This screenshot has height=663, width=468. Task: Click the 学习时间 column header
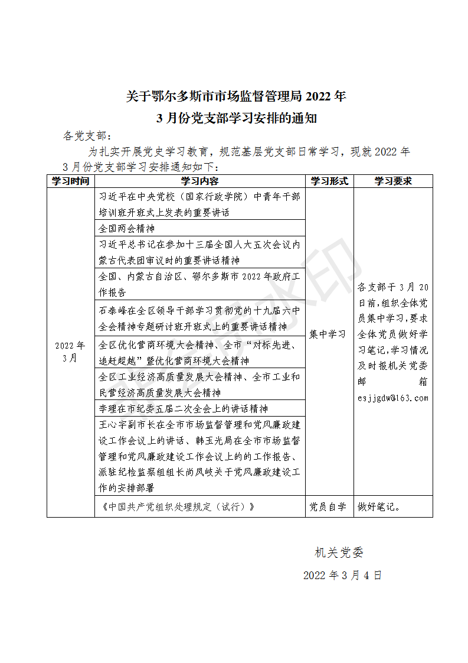click(71, 181)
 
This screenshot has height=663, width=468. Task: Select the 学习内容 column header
click(199, 181)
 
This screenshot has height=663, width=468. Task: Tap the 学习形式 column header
click(329, 181)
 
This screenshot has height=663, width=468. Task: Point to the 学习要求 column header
click(392, 181)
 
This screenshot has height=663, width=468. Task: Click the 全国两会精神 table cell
click(127, 228)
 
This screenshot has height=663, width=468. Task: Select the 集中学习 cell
click(328, 334)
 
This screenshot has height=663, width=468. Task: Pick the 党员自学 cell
click(328, 507)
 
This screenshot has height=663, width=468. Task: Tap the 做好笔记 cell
click(379, 507)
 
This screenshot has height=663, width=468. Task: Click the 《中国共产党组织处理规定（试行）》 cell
click(179, 507)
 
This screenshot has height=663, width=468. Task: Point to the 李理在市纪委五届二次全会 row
click(184, 408)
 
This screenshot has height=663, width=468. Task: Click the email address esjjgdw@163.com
click(393, 398)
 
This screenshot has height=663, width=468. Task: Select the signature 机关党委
click(339, 552)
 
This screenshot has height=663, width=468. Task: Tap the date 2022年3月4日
click(342, 576)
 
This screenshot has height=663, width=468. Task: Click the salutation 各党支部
click(86, 136)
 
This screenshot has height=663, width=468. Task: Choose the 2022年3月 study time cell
click(70, 352)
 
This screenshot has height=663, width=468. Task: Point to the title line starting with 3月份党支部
click(237, 118)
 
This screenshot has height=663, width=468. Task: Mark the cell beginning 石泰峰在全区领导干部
click(200, 318)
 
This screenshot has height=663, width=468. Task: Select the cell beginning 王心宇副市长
click(200, 456)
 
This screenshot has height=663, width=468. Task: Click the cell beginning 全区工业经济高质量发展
click(200, 385)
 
